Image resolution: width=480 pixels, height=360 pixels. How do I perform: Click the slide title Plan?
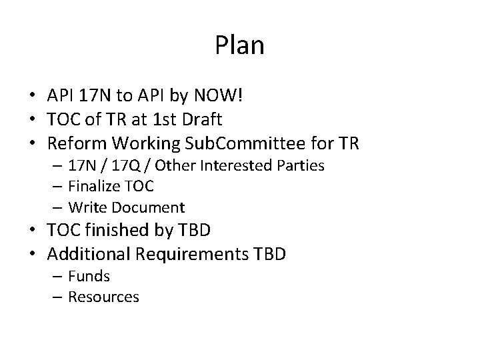click(x=240, y=45)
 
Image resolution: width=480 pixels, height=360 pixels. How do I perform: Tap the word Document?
click(x=154, y=207)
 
